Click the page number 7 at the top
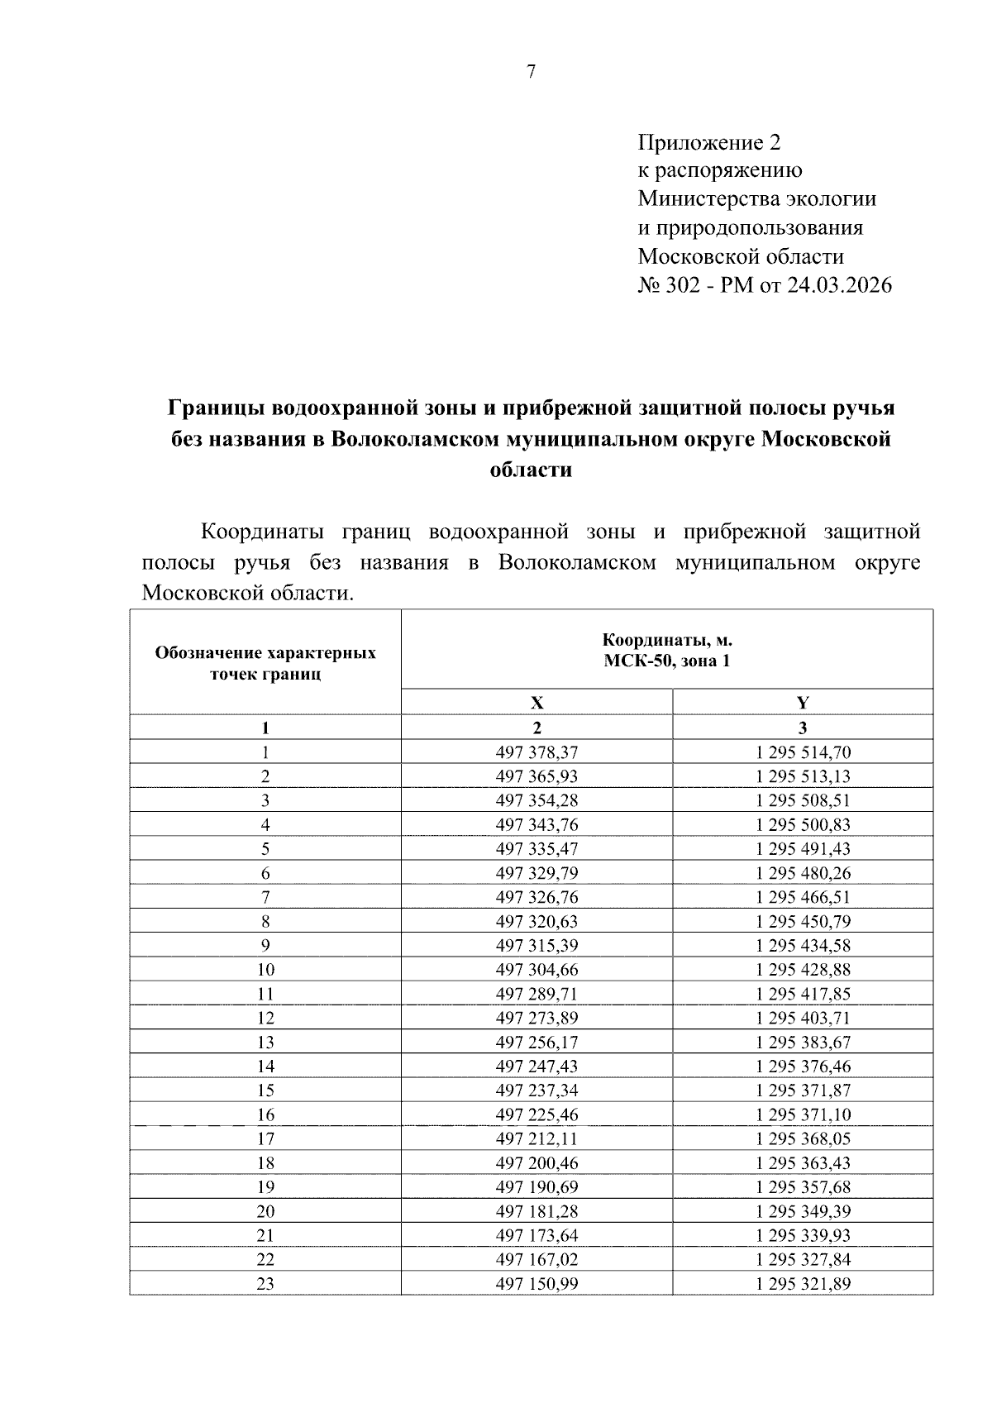(531, 73)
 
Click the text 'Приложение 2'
(708, 143)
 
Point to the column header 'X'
(537, 703)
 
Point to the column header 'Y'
(803, 703)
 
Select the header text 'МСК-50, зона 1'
(667, 661)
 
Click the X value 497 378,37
(537, 752)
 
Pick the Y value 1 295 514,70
(803, 752)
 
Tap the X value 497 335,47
(537, 849)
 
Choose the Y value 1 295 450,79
(803, 921)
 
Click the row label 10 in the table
(265, 970)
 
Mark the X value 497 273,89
(537, 1018)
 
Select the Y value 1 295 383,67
(803, 1042)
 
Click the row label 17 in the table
(265, 1138)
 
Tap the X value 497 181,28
(537, 1211)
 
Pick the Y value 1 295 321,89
(803, 1284)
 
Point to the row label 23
(265, 1284)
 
